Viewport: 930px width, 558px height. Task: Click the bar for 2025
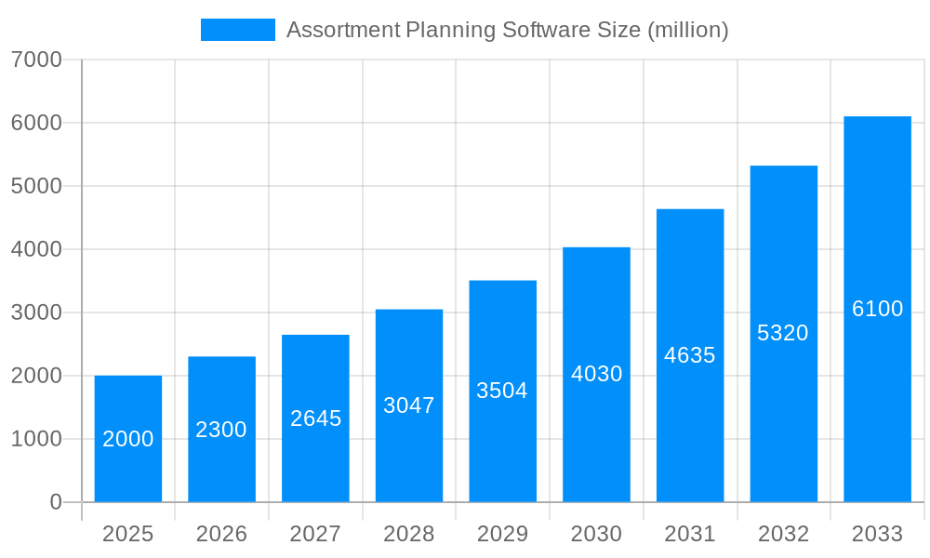click(x=128, y=439)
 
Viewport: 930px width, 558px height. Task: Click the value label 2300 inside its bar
click(x=221, y=430)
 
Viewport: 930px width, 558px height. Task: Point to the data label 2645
click(x=316, y=418)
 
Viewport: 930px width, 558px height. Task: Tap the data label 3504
click(x=502, y=391)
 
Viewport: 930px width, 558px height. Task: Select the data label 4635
click(x=690, y=355)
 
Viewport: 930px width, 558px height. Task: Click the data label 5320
click(x=783, y=333)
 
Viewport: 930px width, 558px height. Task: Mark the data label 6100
click(x=877, y=309)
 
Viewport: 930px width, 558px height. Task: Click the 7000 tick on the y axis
click(x=36, y=60)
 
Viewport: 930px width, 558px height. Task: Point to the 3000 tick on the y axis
click(x=36, y=312)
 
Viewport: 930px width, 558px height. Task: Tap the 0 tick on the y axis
click(x=55, y=502)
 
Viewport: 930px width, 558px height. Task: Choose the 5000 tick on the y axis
click(x=36, y=186)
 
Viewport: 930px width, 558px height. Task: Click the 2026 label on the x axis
click(x=221, y=534)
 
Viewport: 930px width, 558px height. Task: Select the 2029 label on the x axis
click(x=502, y=534)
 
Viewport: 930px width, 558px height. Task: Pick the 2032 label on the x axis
click(x=783, y=534)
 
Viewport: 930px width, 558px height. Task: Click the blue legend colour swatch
click(x=238, y=30)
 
